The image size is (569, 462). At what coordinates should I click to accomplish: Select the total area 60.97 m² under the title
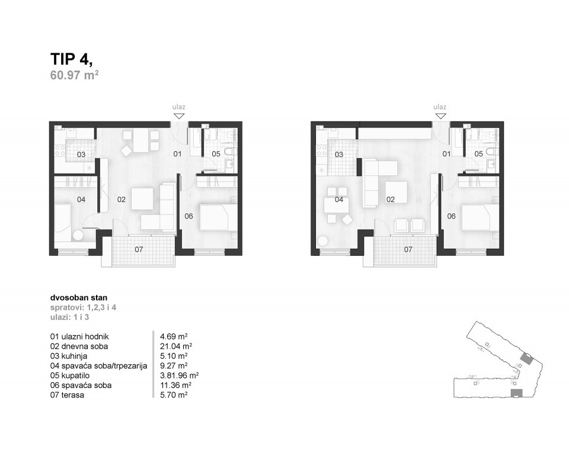point(74,75)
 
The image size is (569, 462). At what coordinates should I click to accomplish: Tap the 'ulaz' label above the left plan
point(179,107)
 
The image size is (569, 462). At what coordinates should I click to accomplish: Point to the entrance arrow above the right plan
point(440,116)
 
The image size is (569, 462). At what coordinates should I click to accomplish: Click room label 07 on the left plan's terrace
point(139,249)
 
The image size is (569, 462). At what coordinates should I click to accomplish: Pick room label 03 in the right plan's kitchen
point(339,155)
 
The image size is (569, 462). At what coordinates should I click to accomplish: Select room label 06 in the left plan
point(188,216)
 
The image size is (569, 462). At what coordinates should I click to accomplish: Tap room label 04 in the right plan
point(339,200)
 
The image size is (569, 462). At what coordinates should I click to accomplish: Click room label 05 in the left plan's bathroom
point(216,154)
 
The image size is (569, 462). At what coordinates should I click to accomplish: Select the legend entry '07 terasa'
point(67,395)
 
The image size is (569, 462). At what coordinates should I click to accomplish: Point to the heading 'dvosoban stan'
point(75,299)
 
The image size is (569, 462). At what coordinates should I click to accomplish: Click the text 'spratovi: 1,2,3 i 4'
point(80,308)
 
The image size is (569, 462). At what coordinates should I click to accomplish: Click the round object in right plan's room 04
point(323,242)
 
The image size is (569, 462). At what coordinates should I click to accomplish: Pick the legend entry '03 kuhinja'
point(71,356)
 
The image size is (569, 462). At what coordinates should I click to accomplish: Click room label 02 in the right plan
point(391,200)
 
